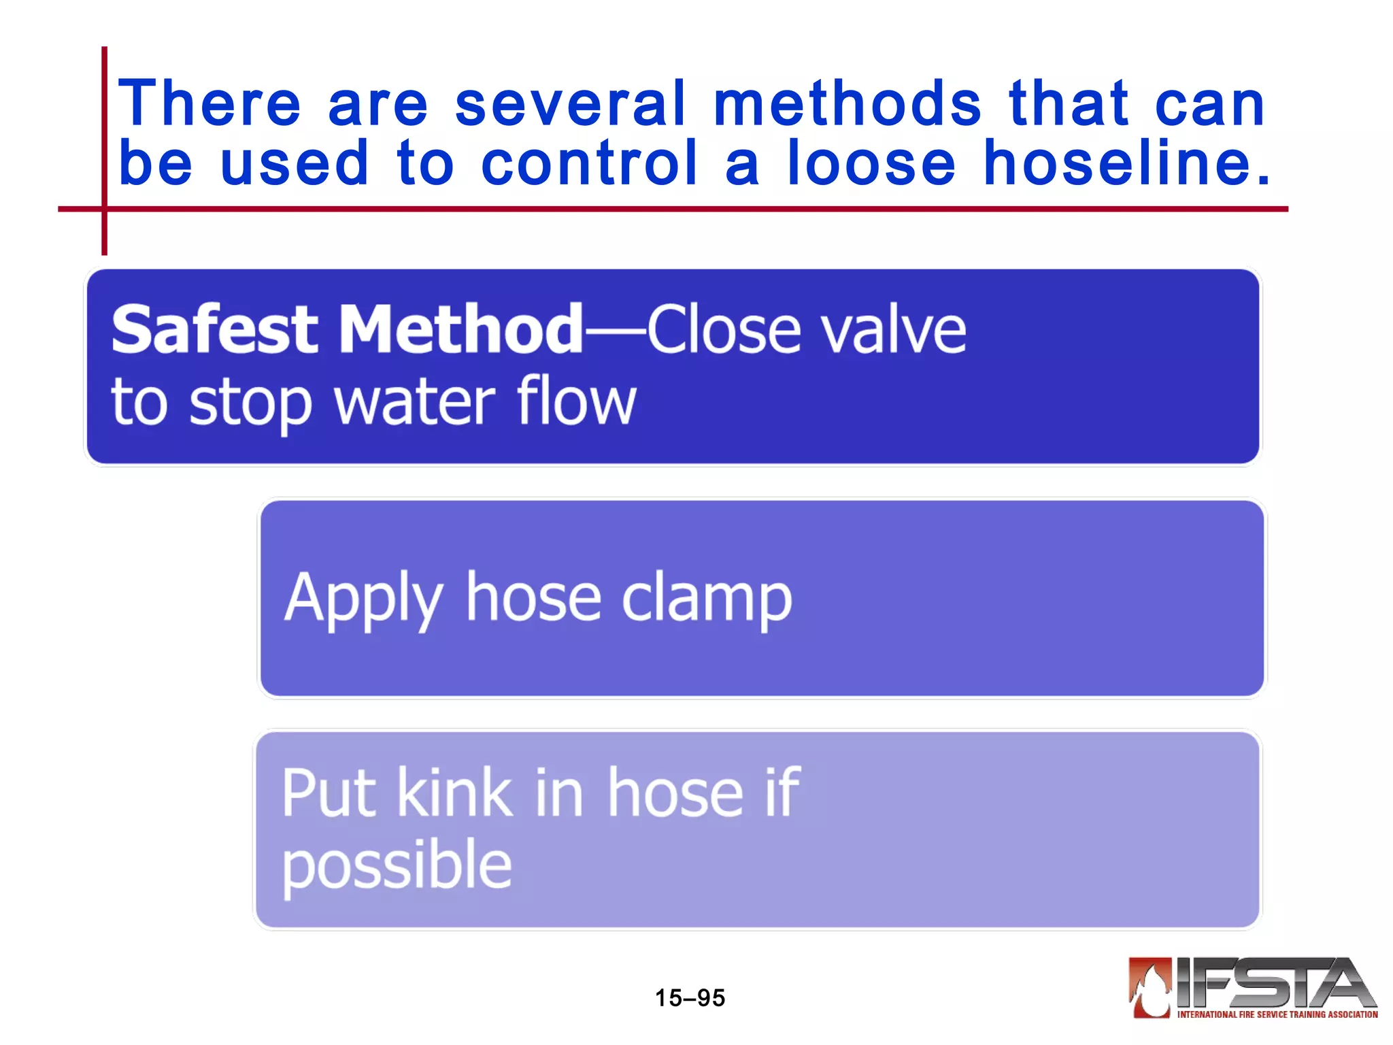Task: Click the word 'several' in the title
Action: pyautogui.click(x=570, y=103)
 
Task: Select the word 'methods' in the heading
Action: pyautogui.click(x=847, y=103)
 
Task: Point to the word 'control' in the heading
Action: pyautogui.click(x=589, y=163)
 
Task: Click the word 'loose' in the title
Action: pyautogui.click(x=871, y=163)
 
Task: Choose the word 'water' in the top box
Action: pyautogui.click(x=415, y=403)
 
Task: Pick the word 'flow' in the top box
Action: pyautogui.click(x=576, y=401)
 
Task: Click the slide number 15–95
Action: pyautogui.click(x=690, y=998)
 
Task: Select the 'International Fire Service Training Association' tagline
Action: pyautogui.click(x=1277, y=1014)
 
